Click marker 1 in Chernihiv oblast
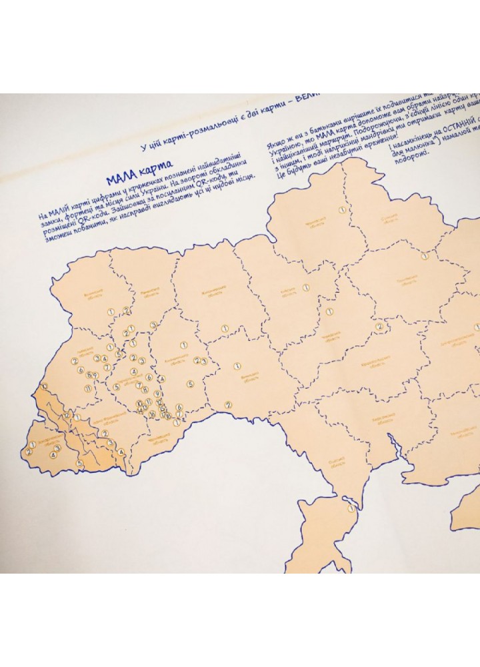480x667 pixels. tap(341, 209)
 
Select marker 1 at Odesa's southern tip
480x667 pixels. tap(351, 509)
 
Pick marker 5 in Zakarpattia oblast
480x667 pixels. tap(79, 464)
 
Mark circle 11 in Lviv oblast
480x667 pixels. tap(87, 389)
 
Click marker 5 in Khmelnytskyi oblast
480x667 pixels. tap(190, 384)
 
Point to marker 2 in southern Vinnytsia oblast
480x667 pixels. tap(228, 404)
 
